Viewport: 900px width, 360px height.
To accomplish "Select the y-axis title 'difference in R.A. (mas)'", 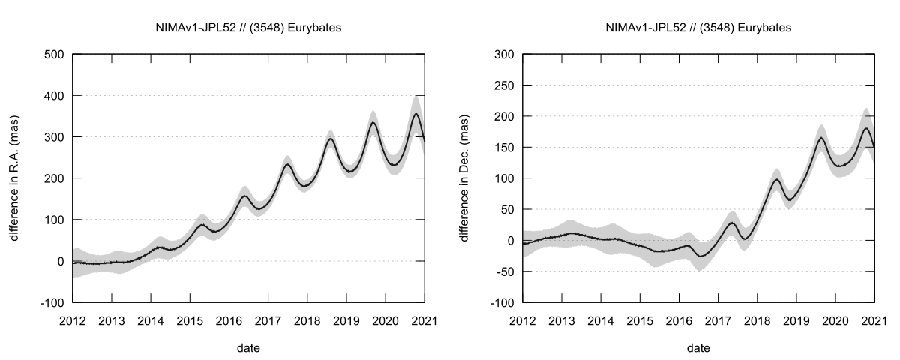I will [16, 178].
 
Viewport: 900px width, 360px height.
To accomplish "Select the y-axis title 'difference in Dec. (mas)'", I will [466, 178].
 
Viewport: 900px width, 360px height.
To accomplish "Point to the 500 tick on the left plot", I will [55, 55].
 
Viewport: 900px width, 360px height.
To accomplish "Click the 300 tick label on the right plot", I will [504, 55].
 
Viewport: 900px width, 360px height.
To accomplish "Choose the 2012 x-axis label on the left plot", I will [73, 319].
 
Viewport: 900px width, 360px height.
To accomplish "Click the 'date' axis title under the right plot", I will [698, 347].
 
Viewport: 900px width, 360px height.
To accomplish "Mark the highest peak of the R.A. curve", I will [417, 114].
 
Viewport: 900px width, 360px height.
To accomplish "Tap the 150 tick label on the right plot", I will [504, 147].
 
